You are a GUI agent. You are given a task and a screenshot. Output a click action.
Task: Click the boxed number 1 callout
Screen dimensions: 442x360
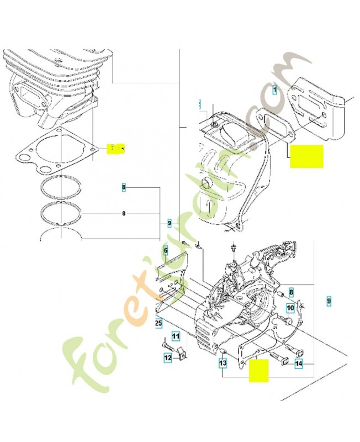[x=275, y=88]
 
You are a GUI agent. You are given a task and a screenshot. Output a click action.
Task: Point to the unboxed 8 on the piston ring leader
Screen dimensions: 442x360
[x=124, y=213]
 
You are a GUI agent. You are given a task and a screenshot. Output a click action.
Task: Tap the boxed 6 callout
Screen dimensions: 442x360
[x=165, y=251]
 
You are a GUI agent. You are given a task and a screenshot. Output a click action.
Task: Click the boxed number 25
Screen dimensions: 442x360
[x=158, y=323]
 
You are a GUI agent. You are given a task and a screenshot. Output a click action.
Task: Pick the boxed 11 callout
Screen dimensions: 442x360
[x=175, y=335]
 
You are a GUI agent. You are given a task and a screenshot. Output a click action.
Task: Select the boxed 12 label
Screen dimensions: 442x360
[x=167, y=358]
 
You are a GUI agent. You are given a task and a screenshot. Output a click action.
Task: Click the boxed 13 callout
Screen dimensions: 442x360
[x=223, y=363]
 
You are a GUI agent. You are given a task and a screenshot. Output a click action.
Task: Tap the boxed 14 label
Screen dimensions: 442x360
[x=298, y=364]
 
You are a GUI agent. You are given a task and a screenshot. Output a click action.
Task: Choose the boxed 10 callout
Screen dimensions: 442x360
[x=290, y=307]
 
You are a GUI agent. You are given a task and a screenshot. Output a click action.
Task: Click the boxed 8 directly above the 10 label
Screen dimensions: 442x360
[x=291, y=288]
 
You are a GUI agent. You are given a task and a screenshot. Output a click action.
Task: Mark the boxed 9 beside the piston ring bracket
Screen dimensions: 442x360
[x=170, y=223]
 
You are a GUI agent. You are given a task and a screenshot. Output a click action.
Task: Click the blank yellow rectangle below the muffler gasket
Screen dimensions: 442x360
[x=306, y=156]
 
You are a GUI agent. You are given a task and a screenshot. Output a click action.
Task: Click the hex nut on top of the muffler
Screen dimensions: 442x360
[x=213, y=127]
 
